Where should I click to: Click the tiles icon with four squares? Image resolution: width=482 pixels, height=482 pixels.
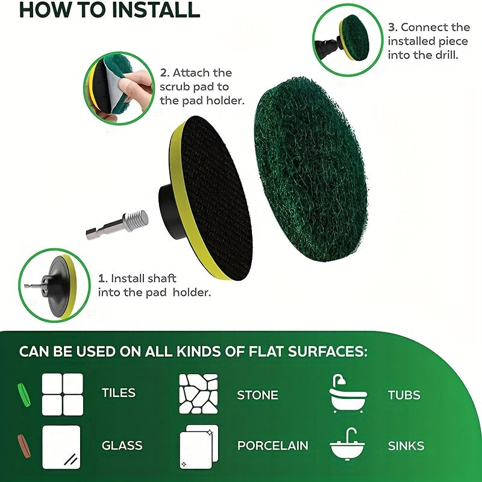62,394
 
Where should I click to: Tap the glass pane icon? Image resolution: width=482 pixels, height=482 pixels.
61,446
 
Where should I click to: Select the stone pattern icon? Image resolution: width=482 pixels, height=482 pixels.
198,394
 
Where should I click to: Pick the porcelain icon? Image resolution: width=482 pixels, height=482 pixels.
198,446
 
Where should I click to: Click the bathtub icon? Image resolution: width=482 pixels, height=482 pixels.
348,394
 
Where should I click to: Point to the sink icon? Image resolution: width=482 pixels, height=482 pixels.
348,446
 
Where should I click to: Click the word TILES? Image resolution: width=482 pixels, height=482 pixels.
119,393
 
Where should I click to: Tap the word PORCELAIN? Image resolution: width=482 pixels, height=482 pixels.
272,446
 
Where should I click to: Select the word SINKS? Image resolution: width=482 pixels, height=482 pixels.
406,446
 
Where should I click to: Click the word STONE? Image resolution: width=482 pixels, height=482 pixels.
257,395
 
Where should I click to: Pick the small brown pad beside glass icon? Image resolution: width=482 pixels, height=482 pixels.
24,446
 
